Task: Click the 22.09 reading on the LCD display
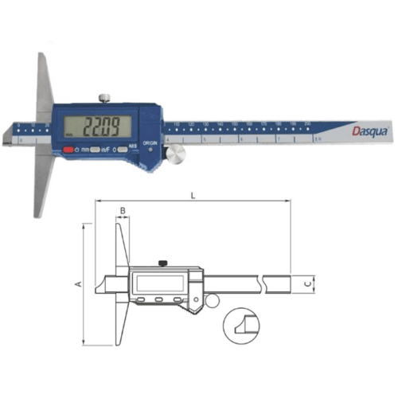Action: pyautogui.click(x=107, y=125)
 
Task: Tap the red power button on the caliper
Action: pyautogui.click(x=70, y=149)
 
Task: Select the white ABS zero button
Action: pyautogui.click(x=122, y=149)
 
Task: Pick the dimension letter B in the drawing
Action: pyautogui.click(x=123, y=211)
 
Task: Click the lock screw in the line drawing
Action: pyautogui.click(x=162, y=263)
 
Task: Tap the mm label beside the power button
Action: pyautogui.click(x=86, y=149)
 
